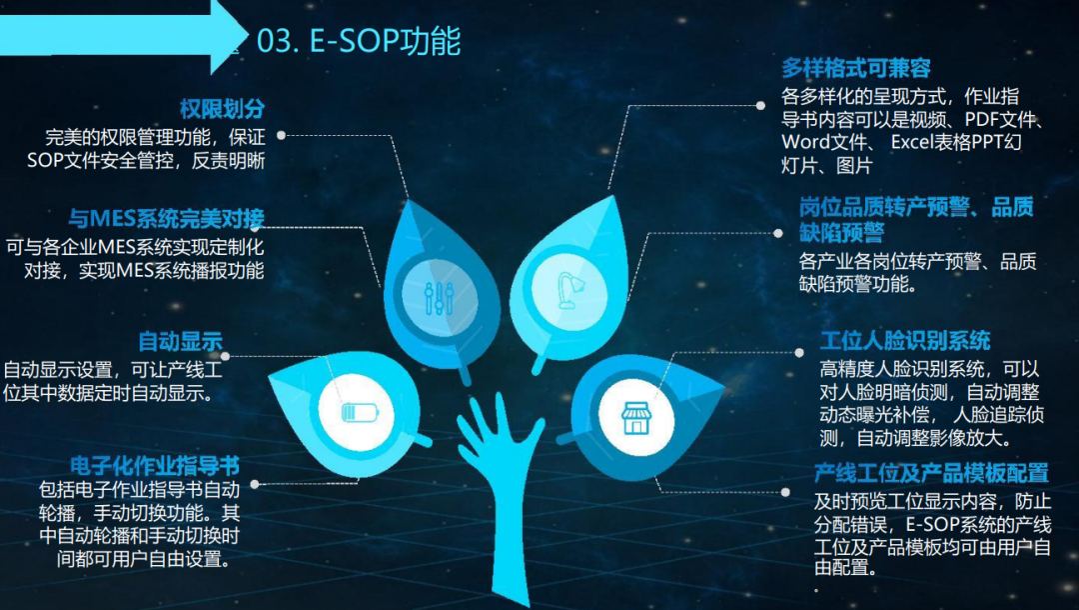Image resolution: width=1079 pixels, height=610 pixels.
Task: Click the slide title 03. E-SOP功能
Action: (358, 41)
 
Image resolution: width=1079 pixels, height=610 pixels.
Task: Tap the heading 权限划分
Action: (222, 109)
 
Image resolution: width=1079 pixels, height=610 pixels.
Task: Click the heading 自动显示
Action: (180, 342)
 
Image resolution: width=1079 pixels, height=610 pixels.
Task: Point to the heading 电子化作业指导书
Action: (155, 466)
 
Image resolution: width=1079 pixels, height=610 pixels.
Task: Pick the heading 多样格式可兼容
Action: (856, 68)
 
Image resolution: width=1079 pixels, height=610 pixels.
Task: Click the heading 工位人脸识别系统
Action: (905, 341)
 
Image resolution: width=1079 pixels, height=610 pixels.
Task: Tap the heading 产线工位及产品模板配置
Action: (931, 473)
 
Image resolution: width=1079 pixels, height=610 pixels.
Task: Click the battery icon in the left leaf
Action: (357, 411)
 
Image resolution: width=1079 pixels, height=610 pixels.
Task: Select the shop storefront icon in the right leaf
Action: (636, 417)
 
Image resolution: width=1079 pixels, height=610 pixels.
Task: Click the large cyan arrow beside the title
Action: (120, 35)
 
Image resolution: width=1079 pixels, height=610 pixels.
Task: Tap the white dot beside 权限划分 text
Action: (282, 134)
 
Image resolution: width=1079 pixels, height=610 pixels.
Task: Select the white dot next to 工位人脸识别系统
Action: (799, 352)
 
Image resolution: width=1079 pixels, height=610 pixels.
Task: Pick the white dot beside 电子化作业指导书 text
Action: (255, 483)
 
